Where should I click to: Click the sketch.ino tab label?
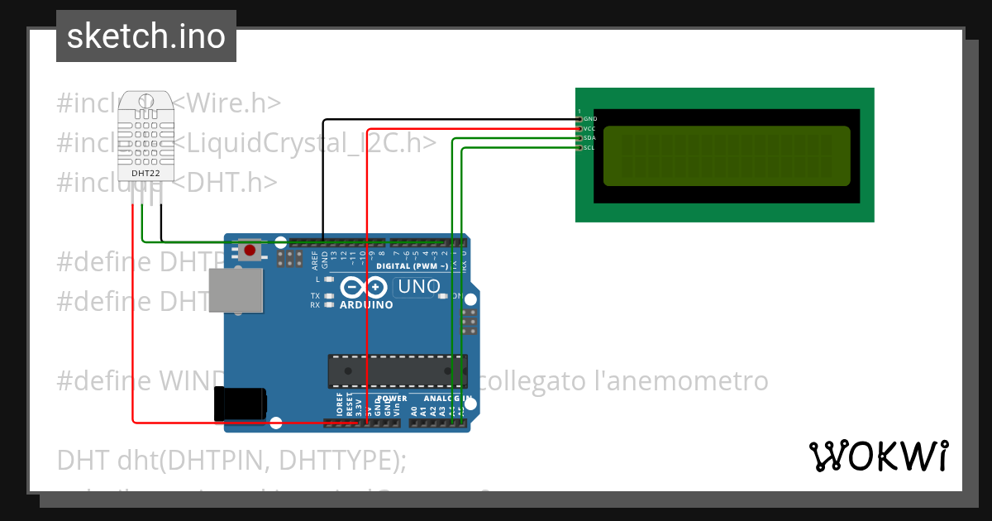(146, 36)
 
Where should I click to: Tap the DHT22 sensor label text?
(145, 173)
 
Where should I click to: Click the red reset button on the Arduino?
(250, 249)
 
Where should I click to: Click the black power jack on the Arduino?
(240, 404)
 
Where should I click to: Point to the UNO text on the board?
(419, 287)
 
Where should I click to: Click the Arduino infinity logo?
(365, 287)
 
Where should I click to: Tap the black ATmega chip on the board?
(397, 370)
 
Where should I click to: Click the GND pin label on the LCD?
(590, 119)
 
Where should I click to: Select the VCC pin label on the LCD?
(589, 129)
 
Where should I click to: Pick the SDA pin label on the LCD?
(589, 138)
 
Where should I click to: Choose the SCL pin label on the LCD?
(589, 148)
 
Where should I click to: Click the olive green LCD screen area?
(727, 155)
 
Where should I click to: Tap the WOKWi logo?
(878, 456)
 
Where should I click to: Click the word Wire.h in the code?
(231, 103)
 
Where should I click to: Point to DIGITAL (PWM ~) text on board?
(413, 266)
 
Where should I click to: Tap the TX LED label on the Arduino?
(315, 295)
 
